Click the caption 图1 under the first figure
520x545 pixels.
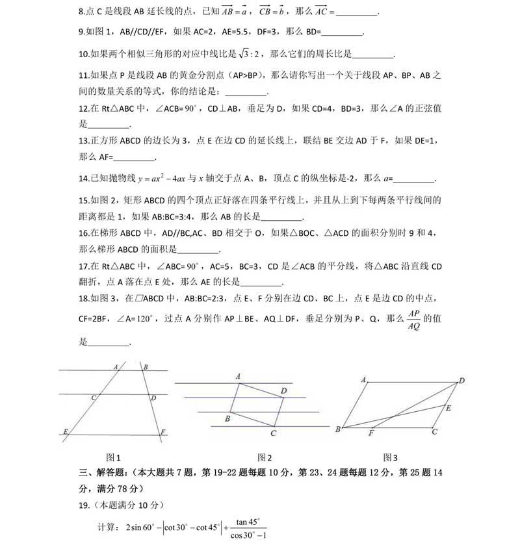[114, 457]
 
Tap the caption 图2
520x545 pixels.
[265, 457]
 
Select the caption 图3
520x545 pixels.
[391, 457]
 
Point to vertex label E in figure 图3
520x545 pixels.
[447, 407]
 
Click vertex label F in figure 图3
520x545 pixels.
[371, 433]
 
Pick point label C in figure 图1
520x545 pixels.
[94, 398]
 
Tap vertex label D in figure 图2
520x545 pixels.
[283, 390]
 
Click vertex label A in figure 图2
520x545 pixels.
[239, 377]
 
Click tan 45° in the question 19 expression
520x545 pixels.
[247, 521]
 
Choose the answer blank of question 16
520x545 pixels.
[198, 250]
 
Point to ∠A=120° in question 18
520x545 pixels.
[135, 318]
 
